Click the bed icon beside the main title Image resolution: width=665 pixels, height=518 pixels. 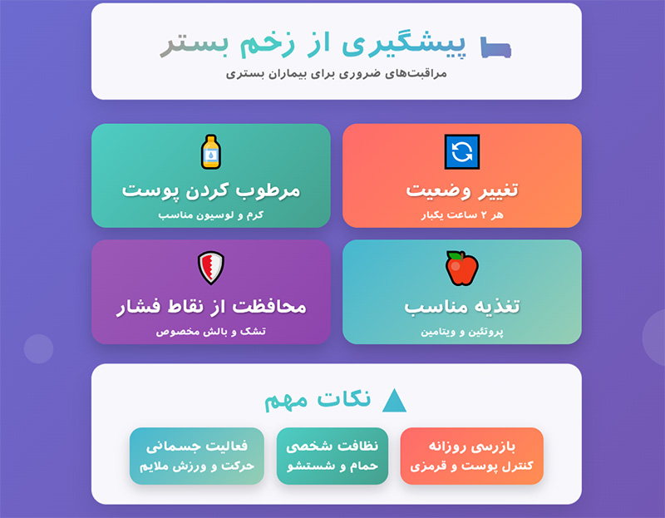(x=496, y=47)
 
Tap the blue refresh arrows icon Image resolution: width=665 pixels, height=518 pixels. (x=461, y=151)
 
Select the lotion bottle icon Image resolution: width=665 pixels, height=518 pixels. (x=211, y=151)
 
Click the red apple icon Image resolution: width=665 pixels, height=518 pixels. (x=461, y=268)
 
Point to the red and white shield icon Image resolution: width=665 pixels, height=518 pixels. (x=211, y=268)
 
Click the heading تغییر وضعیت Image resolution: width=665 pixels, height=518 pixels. (x=461, y=190)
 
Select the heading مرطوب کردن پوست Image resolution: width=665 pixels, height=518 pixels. (x=211, y=190)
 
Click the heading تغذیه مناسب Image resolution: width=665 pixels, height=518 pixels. (x=461, y=306)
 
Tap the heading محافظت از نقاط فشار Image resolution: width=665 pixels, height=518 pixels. (x=211, y=306)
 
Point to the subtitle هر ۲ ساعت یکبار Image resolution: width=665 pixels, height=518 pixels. (x=461, y=215)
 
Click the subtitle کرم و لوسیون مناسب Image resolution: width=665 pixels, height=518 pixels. (x=211, y=215)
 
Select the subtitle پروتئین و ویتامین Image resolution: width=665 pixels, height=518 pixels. (x=461, y=332)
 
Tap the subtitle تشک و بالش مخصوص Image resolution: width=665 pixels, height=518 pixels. (x=211, y=332)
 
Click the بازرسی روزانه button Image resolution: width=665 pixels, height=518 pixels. (x=471, y=456)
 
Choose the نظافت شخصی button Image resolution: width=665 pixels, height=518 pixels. (x=332, y=456)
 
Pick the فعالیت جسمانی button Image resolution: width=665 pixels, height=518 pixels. (x=196, y=456)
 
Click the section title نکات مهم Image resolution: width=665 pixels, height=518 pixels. (x=318, y=400)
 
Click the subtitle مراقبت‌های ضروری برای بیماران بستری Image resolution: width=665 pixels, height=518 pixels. (x=336, y=73)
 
